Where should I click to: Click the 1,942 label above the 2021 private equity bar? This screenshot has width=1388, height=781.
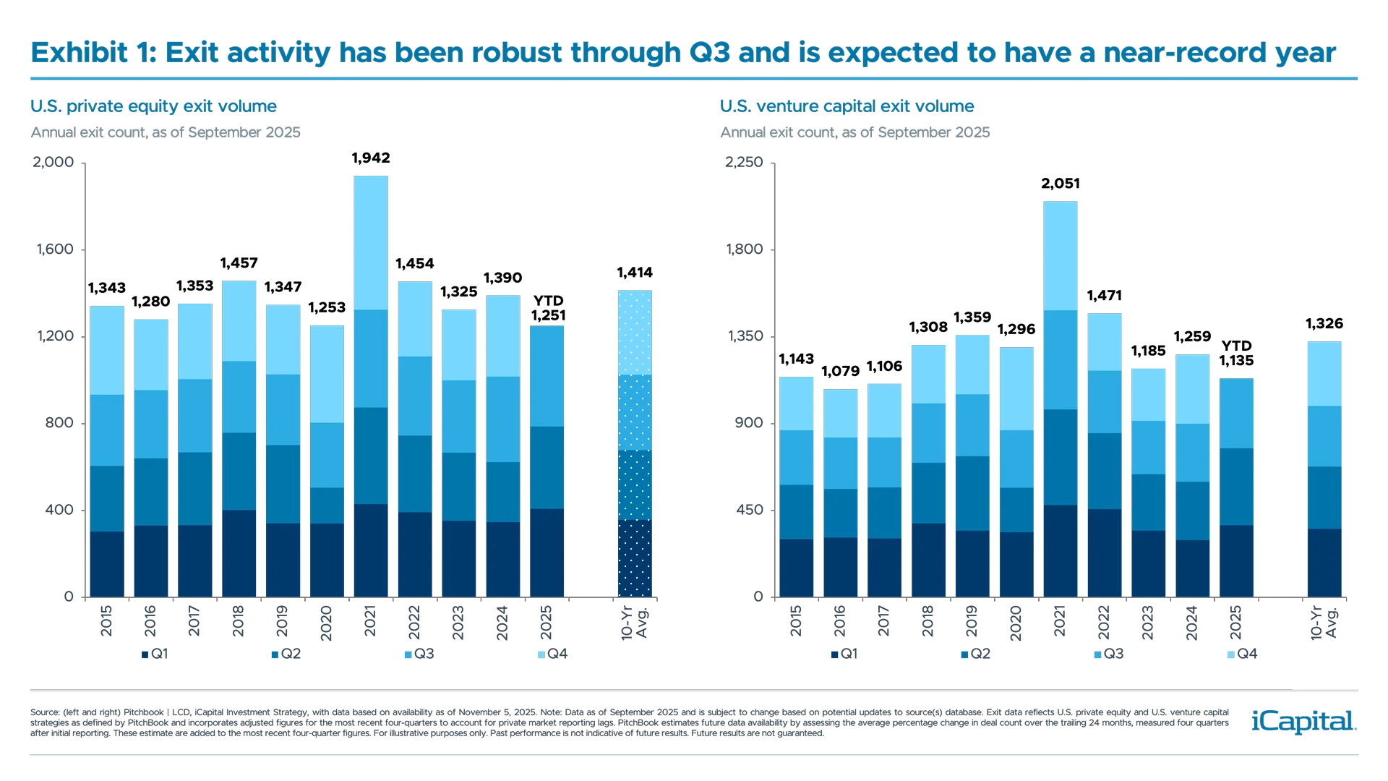pyautogui.click(x=371, y=158)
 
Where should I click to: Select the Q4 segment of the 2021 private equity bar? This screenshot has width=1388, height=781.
pyautogui.click(x=371, y=242)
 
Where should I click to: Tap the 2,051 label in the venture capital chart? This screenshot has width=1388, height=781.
pyautogui.click(x=1061, y=184)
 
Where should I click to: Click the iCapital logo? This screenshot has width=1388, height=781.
pyautogui.click(x=1301, y=721)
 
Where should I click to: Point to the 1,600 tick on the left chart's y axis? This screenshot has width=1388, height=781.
pyautogui.click(x=54, y=249)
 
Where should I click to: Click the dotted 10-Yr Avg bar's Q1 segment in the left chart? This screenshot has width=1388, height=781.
pyautogui.click(x=635, y=558)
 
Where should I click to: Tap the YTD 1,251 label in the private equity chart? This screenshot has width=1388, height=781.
pyautogui.click(x=549, y=309)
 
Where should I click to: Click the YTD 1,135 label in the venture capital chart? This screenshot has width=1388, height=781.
pyautogui.click(x=1236, y=354)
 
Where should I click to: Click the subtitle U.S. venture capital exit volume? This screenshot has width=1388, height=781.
pyautogui.click(x=847, y=107)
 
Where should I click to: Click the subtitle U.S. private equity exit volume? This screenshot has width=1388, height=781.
pyautogui.click(x=153, y=107)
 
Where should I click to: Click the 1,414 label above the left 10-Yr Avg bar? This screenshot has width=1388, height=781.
pyautogui.click(x=635, y=273)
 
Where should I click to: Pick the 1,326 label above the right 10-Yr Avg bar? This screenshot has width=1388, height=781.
pyautogui.click(x=1324, y=324)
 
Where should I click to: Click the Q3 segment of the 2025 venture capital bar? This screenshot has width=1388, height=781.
pyautogui.click(x=1236, y=413)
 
